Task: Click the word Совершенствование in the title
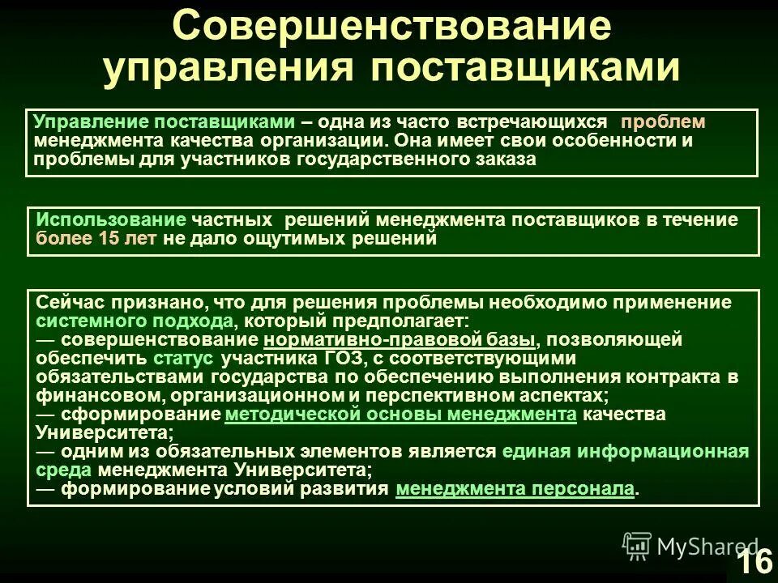click(391, 26)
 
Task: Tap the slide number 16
click(754, 560)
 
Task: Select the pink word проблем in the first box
click(664, 122)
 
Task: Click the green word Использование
click(111, 221)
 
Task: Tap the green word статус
click(182, 358)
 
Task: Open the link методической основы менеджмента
click(400, 415)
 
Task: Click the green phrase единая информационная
click(625, 452)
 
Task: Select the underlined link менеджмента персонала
click(515, 489)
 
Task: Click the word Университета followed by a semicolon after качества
click(98, 432)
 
